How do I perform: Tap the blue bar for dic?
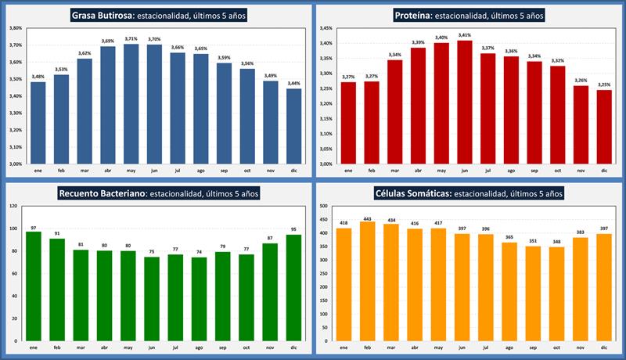pos(293,126)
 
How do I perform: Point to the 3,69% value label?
pos(107,41)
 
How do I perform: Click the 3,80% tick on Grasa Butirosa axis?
pos(15,28)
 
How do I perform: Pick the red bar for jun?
pos(466,102)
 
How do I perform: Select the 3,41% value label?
pos(466,35)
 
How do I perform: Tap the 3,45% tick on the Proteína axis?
pos(327,28)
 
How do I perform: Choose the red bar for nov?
pos(581,124)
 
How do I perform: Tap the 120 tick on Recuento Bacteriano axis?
pos(13,206)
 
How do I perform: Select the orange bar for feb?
pos(366,281)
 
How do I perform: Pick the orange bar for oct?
pos(557,293)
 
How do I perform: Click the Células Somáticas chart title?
pos(468,193)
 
